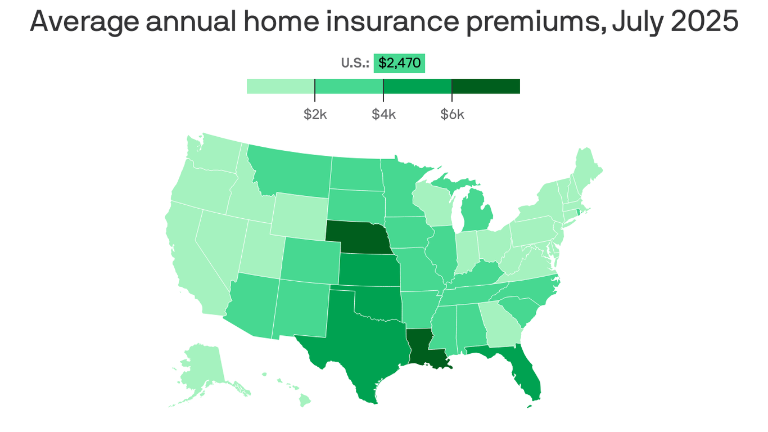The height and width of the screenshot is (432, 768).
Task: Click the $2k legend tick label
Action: coord(315,115)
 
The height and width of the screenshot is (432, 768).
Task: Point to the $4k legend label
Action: coord(383,115)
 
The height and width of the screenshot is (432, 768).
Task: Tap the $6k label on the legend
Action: coord(452,115)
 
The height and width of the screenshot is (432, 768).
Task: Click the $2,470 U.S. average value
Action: coord(399,63)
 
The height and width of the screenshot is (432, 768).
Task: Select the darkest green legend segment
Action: coord(486,86)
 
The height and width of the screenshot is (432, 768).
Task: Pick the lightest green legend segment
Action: coord(281,86)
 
